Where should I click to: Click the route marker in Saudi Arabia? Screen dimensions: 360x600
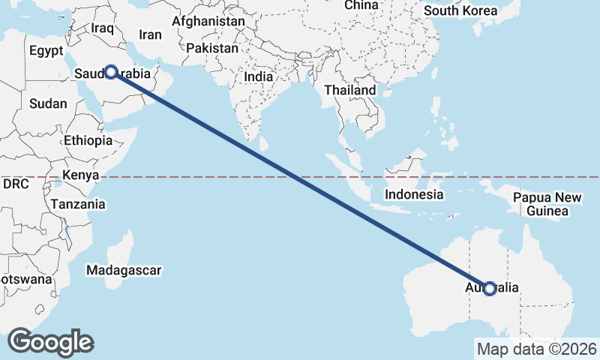pos(110,72)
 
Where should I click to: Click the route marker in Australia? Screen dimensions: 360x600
pos(490,288)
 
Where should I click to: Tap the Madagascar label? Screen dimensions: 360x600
pos(124,270)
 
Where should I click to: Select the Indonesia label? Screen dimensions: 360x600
pos(414,194)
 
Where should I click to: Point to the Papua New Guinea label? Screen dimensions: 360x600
pos(547,205)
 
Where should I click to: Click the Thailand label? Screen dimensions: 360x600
pos(349,90)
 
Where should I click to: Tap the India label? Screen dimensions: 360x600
pos(258,76)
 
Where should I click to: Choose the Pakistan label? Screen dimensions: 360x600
pos(212,48)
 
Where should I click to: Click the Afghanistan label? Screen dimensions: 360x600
pos(208,22)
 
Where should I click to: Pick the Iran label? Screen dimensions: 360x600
pos(150,34)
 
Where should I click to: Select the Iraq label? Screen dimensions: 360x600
pos(101,28)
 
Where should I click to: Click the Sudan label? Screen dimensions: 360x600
pos(48,104)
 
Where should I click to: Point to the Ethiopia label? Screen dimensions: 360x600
pos(88,140)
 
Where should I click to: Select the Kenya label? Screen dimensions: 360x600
pos(81,175)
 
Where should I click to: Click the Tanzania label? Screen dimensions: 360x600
pos(78,204)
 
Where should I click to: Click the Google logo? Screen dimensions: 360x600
pos(50,342)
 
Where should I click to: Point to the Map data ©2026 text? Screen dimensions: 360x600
pos(536,349)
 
